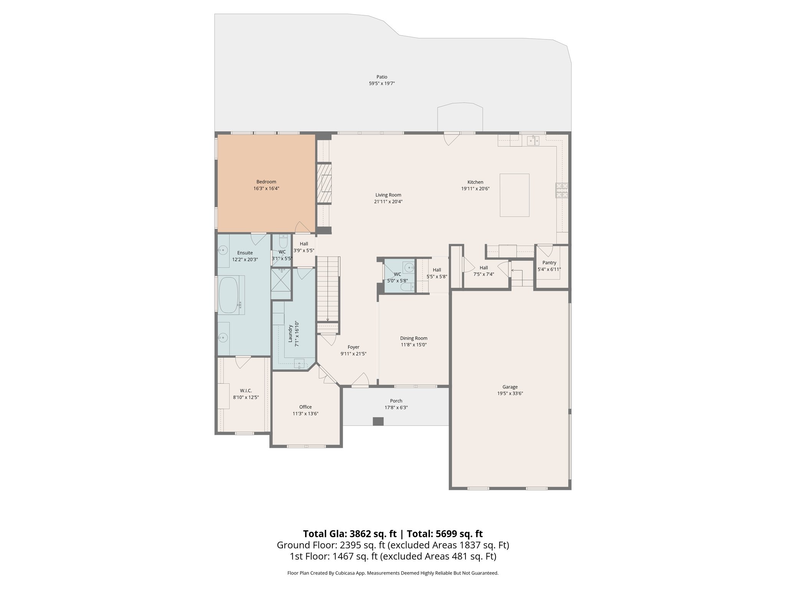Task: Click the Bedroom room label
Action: click(266, 182)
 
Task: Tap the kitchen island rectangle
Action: click(514, 195)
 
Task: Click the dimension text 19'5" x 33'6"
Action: click(510, 393)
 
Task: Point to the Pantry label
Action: click(549, 263)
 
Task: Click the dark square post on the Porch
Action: click(378, 421)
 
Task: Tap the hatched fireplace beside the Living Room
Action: click(324, 183)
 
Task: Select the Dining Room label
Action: click(413, 338)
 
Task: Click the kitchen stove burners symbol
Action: click(562, 191)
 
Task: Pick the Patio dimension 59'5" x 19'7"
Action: click(381, 83)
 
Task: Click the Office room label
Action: click(305, 407)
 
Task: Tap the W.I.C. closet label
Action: click(246, 390)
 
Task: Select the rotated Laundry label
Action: click(291, 334)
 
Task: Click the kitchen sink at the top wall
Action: click(533, 141)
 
